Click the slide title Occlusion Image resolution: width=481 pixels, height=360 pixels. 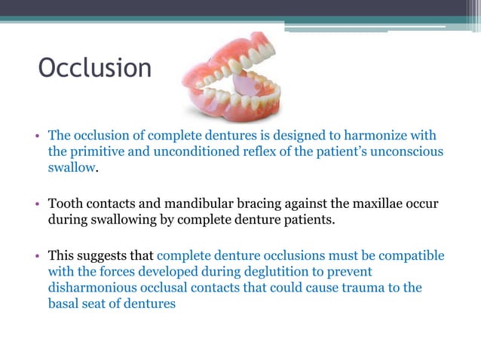click(95, 69)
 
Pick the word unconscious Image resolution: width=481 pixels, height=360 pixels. click(405, 151)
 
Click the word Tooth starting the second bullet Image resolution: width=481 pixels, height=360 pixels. click(65, 204)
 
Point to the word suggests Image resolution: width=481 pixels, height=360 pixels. click(104, 256)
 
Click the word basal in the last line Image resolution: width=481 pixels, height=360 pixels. click(66, 304)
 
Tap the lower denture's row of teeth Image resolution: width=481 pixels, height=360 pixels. click(234, 99)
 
